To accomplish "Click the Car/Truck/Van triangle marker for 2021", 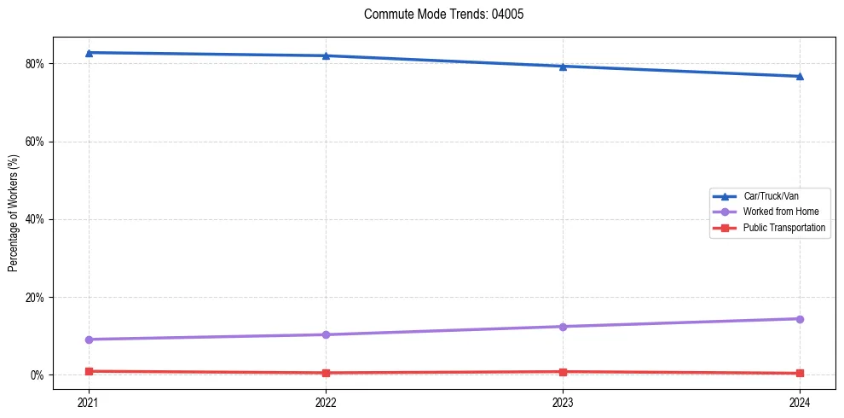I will pyautogui.click(x=89, y=53).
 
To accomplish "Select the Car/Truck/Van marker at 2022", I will pyautogui.click(x=326, y=56).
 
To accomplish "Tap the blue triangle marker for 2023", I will pyautogui.click(x=563, y=67).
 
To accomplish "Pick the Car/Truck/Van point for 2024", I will pyautogui.click(x=800, y=77).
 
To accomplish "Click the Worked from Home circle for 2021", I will pyautogui.click(x=89, y=340).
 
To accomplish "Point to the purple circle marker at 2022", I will pyautogui.click(x=326, y=334).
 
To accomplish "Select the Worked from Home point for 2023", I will pyautogui.click(x=563, y=327).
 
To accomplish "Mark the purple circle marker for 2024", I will pyautogui.click(x=800, y=319).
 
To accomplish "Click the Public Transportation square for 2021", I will pyautogui.click(x=89, y=371).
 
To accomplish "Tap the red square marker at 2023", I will pyautogui.click(x=563, y=372).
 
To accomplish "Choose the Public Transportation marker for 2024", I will pyautogui.click(x=800, y=373).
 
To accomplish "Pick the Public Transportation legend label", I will pyautogui.click(x=783, y=228).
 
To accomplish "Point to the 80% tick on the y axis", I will pyautogui.click(x=35, y=64).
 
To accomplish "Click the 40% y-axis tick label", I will pyautogui.click(x=35, y=219).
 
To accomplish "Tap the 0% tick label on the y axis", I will pyautogui.click(x=38, y=375).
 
